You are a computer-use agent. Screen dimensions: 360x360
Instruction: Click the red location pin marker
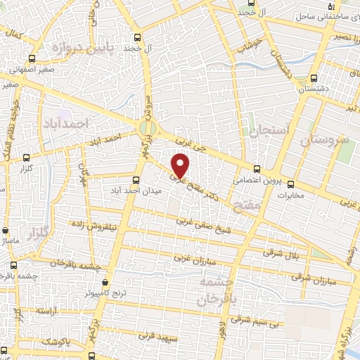click(x=181, y=165)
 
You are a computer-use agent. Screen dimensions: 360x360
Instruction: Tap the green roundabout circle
click(x=147, y=128)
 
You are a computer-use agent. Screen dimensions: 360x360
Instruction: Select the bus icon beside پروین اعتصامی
click(x=257, y=169)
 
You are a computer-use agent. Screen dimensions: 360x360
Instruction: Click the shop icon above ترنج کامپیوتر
click(x=105, y=281)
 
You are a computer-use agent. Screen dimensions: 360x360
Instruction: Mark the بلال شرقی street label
click(x=281, y=253)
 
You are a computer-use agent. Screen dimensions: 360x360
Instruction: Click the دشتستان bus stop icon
click(x=313, y=78)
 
